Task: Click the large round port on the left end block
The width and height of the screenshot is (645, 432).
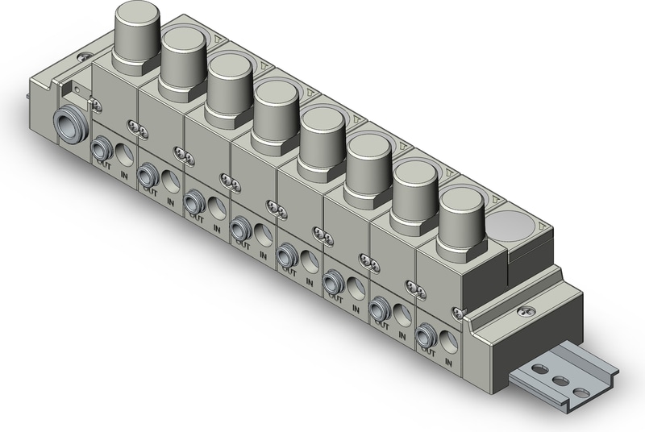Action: [70, 126]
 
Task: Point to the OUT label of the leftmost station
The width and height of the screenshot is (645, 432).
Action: [104, 161]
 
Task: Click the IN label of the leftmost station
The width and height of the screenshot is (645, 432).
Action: [125, 175]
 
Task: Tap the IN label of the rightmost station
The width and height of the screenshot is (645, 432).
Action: [448, 363]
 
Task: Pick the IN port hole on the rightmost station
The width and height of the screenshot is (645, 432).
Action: [448, 340]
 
